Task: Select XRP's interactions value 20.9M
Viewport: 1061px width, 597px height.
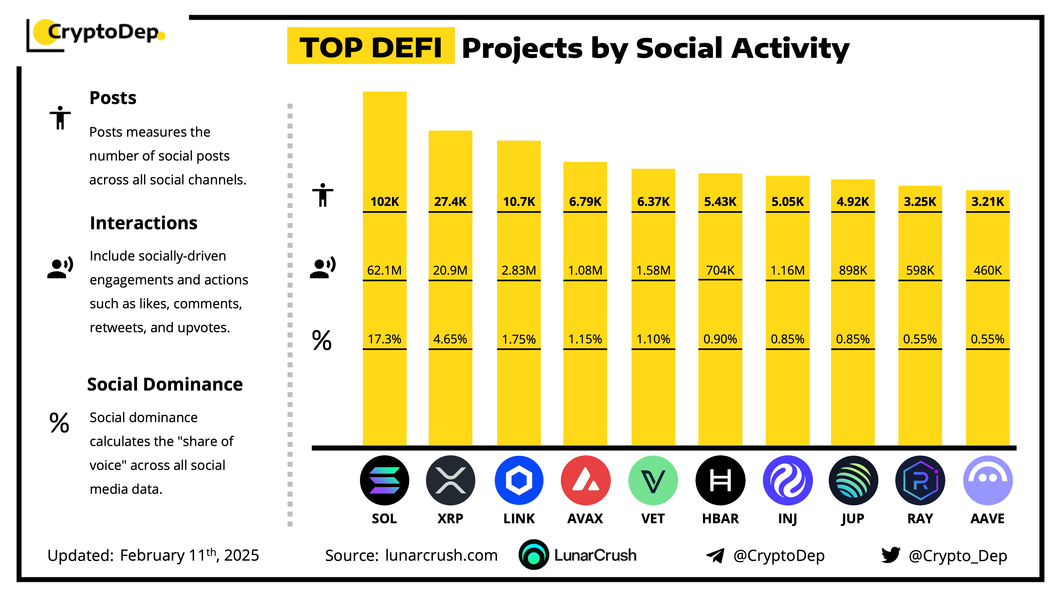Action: pos(450,270)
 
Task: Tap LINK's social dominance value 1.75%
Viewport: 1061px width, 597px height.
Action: pos(519,339)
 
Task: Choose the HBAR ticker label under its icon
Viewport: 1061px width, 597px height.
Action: pos(720,518)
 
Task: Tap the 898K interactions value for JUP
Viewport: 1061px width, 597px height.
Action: pos(853,270)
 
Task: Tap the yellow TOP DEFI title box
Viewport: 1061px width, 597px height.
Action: pos(371,46)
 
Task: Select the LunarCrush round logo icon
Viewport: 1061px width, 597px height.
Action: pos(533,555)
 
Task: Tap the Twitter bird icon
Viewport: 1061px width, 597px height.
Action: pos(891,555)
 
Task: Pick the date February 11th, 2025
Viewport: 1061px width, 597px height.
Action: pos(189,555)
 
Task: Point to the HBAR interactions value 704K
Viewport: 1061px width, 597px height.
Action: pos(720,270)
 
